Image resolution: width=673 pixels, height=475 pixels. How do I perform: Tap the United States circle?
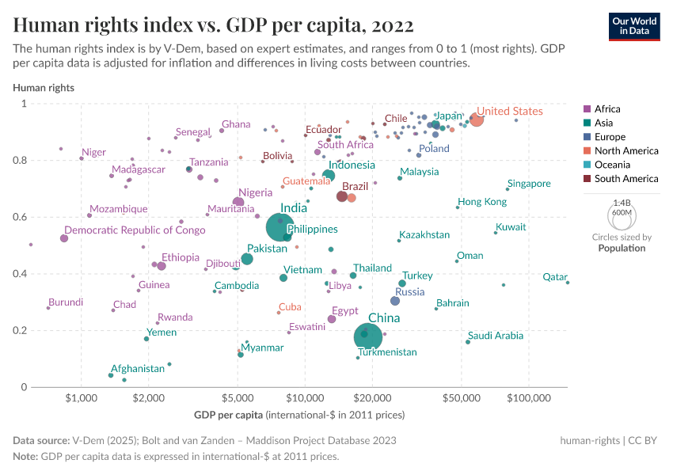tap(476, 120)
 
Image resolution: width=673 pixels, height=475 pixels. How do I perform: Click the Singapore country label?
tap(529, 184)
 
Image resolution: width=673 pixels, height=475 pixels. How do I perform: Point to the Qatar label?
tap(554, 277)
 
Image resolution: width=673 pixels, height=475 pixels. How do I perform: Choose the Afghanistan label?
tap(138, 369)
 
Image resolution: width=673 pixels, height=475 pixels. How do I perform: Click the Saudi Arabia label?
tap(496, 336)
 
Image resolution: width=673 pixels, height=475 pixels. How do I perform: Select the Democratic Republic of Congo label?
tap(135, 230)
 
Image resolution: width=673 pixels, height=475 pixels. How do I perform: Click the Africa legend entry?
tap(607, 109)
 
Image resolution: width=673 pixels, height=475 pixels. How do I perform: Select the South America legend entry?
tap(625, 179)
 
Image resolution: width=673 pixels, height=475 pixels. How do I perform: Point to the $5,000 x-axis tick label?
tap(238, 398)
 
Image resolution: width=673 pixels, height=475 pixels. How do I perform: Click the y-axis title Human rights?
tap(44, 88)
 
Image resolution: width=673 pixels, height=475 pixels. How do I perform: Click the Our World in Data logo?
tap(634, 25)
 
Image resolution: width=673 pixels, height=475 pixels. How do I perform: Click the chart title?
tap(213, 25)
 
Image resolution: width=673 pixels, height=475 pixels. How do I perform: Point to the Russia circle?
tap(395, 301)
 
